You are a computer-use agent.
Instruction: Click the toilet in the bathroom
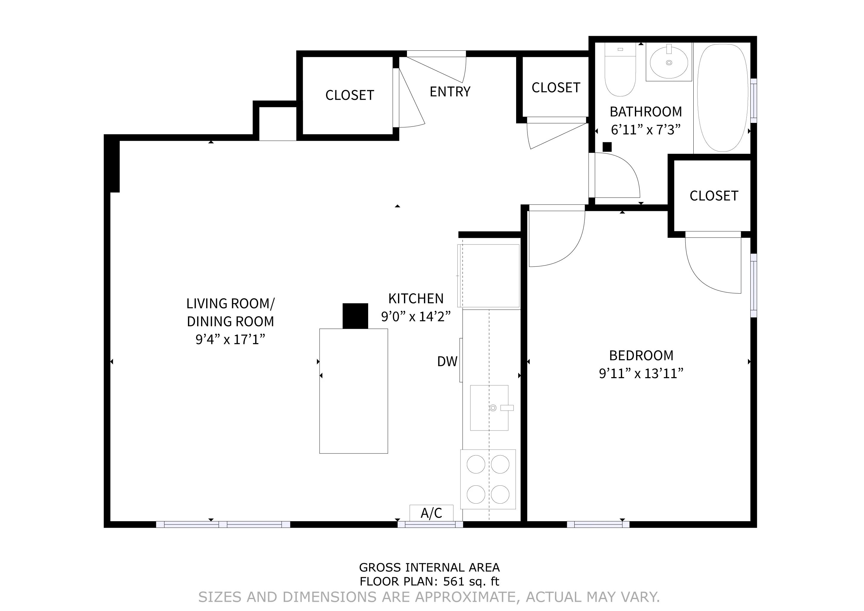(x=620, y=75)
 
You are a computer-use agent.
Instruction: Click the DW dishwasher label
(x=447, y=362)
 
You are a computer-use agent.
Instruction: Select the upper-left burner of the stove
(x=476, y=464)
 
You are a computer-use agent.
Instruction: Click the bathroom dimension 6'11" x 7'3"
(x=646, y=130)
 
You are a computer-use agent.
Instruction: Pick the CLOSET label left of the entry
(x=350, y=95)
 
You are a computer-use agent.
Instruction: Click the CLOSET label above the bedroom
(x=713, y=196)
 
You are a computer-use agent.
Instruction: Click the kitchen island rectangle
(x=353, y=391)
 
